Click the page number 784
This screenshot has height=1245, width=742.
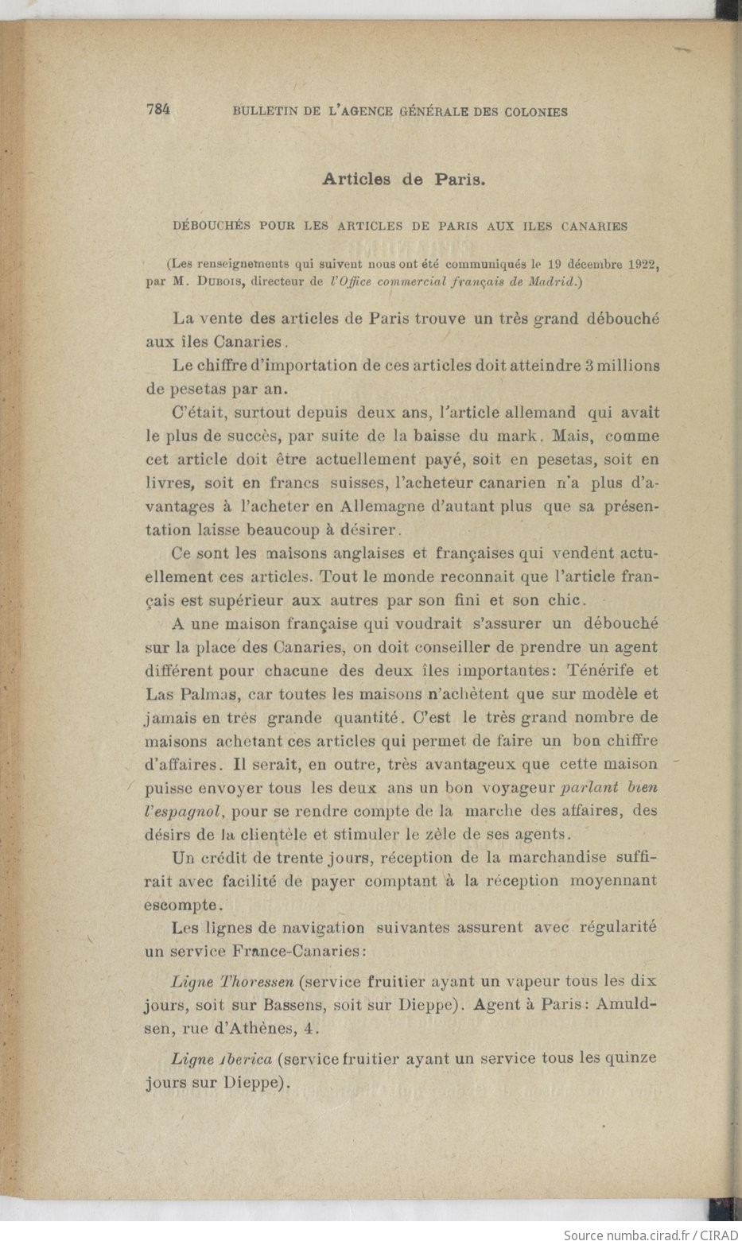tap(158, 111)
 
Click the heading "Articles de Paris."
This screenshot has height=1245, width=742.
tap(403, 179)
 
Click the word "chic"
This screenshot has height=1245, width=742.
tap(565, 599)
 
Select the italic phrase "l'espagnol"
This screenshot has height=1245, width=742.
tap(183, 812)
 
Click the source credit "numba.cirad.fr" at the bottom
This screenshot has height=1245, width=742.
tap(646, 1235)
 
